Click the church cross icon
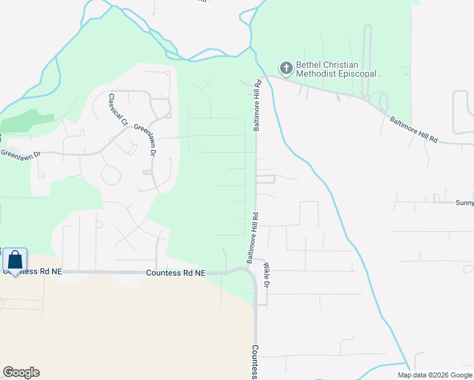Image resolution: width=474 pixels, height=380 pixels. coord(286,67)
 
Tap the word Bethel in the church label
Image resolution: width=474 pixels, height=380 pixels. coord(310,65)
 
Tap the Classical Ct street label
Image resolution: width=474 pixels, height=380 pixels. coord(118,110)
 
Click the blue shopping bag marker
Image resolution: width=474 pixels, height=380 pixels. coord(15,260)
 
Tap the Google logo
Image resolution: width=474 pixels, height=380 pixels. coord(21,372)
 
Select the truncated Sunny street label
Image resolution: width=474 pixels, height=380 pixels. coord(464,203)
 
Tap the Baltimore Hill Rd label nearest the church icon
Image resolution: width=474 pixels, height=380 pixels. coord(258,105)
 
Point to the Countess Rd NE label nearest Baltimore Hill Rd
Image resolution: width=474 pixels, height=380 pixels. coord(176,273)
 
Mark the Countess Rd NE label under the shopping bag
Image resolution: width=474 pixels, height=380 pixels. coord(34,272)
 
